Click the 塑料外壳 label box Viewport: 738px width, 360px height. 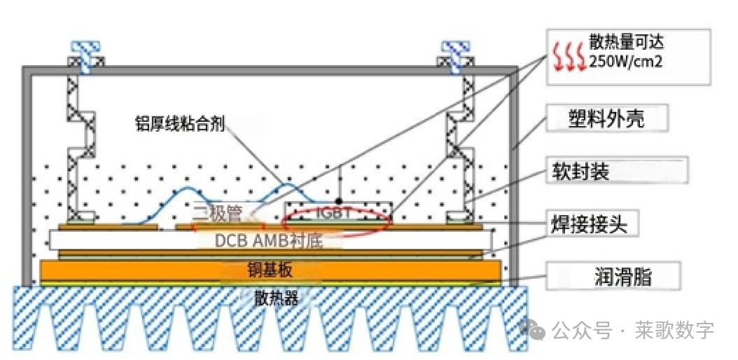pyautogui.click(x=606, y=118)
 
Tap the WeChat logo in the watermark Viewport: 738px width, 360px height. pyautogui.click(x=534, y=330)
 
